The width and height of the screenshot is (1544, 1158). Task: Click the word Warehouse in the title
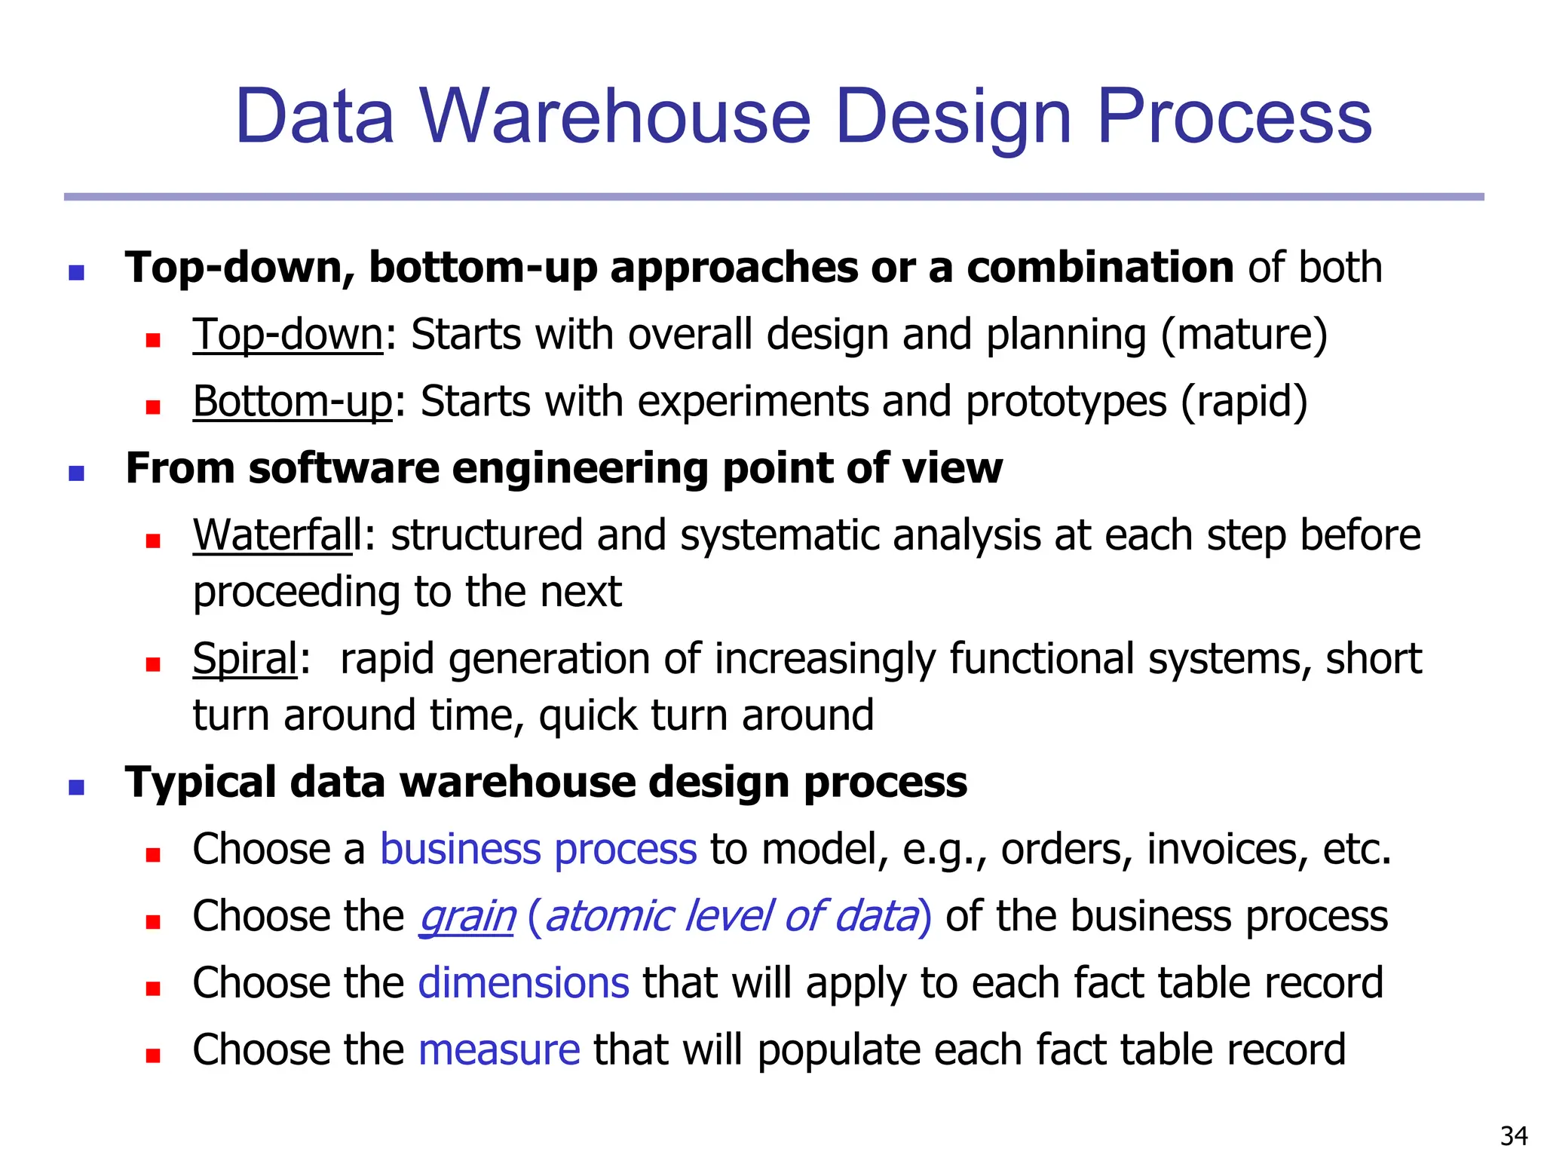click(614, 117)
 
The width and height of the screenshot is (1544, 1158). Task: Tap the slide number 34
click(1514, 1135)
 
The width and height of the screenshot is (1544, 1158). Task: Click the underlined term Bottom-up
click(293, 401)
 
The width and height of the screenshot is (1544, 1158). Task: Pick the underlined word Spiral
click(246, 659)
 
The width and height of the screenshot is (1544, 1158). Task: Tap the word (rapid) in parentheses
click(1244, 401)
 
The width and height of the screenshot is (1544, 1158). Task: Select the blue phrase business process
click(538, 850)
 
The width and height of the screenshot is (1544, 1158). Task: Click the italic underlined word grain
click(467, 917)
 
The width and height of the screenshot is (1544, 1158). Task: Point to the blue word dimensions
click(523, 983)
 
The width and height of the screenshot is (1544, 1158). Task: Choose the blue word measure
click(499, 1049)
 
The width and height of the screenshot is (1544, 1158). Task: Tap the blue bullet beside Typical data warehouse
click(76, 787)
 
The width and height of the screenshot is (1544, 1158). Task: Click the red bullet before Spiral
click(153, 664)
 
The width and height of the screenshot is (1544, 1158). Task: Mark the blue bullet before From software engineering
click(76, 473)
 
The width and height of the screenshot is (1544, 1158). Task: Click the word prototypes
click(1066, 401)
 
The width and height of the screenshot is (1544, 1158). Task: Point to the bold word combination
click(1100, 268)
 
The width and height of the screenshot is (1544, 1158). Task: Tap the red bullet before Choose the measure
click(153, 1055)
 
